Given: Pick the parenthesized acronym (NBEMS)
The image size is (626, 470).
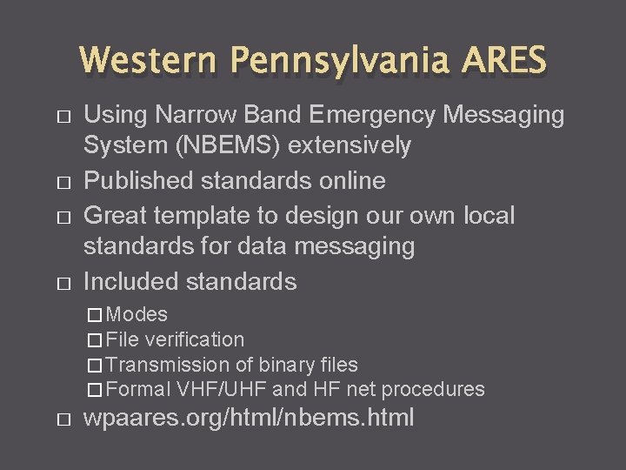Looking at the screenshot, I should (x=232, y=145).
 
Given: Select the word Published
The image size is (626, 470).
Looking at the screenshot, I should (x=139, y=180).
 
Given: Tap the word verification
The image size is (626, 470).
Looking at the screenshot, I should (x=196, y=339).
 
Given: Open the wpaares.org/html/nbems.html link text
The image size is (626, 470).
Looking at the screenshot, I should (x=249, y=418).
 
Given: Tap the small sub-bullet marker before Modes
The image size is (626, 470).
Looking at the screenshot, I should (x=95, y=315).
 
